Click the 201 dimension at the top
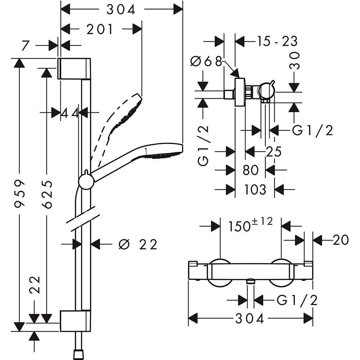[x=100, y=29]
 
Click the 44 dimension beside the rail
[x=69, y=113]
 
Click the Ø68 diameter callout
[x=206, y=62]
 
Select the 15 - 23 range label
[x=277, y=41]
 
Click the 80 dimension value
[x=251, y=170]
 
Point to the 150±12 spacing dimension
[x=251, y=225]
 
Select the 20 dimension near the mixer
[x=341, y=240]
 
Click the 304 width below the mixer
[x=250, y=318]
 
